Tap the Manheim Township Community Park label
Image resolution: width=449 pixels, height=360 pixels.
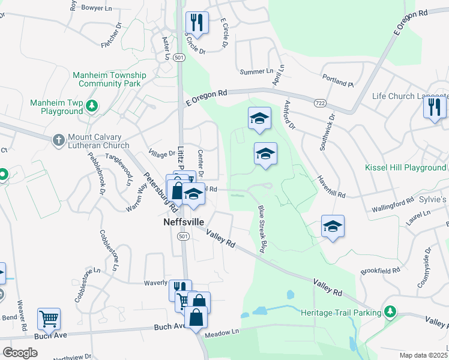click(109, 79)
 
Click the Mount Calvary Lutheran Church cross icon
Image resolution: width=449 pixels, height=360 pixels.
click(58, 140)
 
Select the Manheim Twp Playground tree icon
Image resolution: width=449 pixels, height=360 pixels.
click(91, 107)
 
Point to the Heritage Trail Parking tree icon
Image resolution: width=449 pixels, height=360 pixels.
click(390, 311)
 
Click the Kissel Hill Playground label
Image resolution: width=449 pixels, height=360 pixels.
click(406, 168)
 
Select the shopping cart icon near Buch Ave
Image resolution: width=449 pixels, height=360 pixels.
click(49, 318)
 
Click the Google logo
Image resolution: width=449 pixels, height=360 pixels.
click(20, 352)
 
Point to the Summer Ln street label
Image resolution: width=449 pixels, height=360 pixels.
click(256, 71)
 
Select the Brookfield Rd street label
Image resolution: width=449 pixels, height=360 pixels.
click(381, 271)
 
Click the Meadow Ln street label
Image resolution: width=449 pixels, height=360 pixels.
click(222, 331)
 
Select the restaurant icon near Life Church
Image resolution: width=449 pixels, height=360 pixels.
click(434, 108)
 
